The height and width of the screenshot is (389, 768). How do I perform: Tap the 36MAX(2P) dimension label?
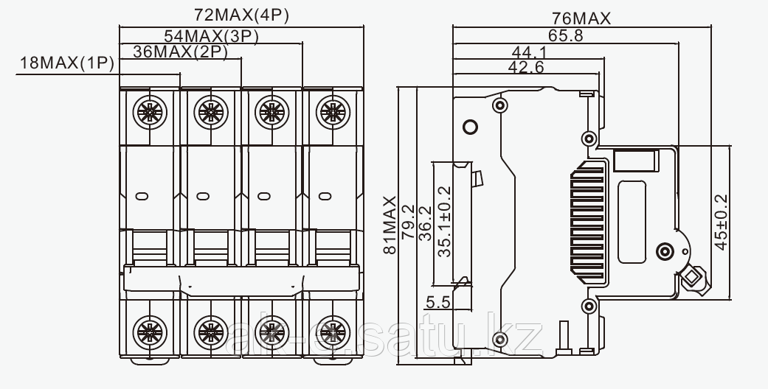(x=180, y=51)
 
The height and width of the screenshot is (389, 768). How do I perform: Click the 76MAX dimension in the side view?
(x=581, y=19)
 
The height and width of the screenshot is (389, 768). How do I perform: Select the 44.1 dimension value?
(x=528, y=52)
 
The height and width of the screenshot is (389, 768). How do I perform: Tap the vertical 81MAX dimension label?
(x=390, y=225)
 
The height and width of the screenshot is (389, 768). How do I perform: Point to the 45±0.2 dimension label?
(x=721, y=221)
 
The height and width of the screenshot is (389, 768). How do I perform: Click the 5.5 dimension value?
(x=437, y=301)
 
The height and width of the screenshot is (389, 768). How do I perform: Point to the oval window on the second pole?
(x=202, y=197)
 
